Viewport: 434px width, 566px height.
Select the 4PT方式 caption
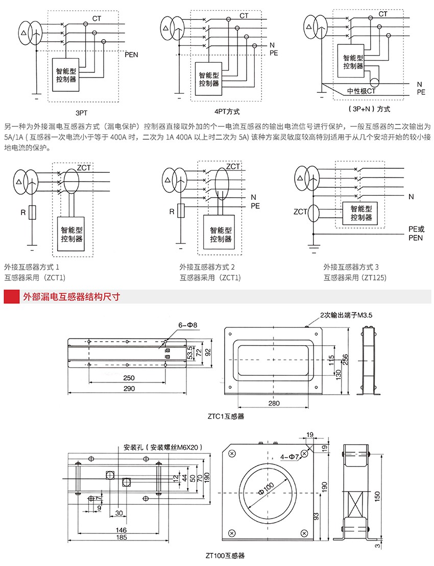pos(227,111)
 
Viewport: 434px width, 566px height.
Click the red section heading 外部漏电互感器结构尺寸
pos(71,296)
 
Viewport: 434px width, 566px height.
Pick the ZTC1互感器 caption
pos(226,416)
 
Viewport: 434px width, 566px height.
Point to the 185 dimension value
pos(120,537)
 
